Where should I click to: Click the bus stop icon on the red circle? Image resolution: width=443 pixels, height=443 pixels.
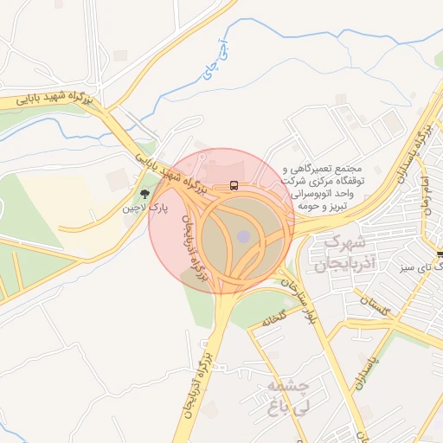tap(234, 185)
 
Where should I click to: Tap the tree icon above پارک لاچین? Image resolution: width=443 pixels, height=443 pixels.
tap(144, 193)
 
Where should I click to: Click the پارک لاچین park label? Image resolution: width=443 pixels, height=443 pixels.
tap(144, 208)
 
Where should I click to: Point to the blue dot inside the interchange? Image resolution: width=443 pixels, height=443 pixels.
tap(244, 235)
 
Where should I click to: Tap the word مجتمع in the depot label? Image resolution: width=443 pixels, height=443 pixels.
tap(364, 168)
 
